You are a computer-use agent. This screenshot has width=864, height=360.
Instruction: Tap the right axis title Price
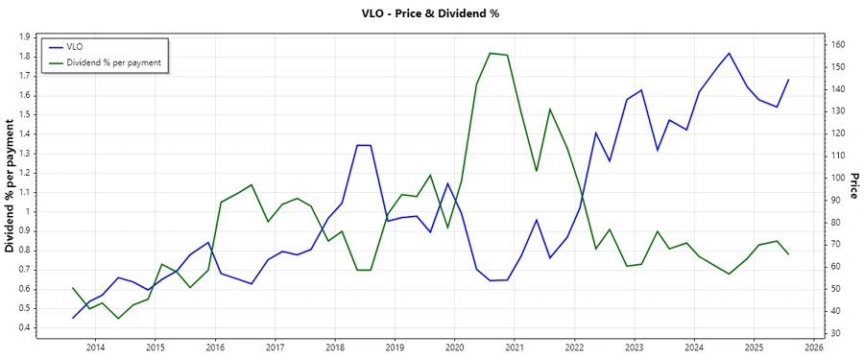[853, 185]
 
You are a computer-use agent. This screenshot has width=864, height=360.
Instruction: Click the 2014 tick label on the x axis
[95, 347]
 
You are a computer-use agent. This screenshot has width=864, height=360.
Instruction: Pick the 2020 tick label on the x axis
[455, 347]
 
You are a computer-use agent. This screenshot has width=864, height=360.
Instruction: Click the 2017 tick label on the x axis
[275, 347]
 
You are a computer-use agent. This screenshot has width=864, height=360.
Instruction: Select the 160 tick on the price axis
[838, 44]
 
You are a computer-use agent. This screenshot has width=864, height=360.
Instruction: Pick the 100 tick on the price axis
[838, 178]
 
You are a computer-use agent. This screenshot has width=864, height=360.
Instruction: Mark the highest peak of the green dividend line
[491, 53]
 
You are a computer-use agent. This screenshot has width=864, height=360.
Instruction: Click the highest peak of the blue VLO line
[730, 53]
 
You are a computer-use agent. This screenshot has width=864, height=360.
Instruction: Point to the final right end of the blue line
[789, 80]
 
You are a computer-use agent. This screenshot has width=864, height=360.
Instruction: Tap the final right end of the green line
[789, 254]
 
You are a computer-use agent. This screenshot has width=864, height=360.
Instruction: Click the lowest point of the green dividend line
[118, 318]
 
